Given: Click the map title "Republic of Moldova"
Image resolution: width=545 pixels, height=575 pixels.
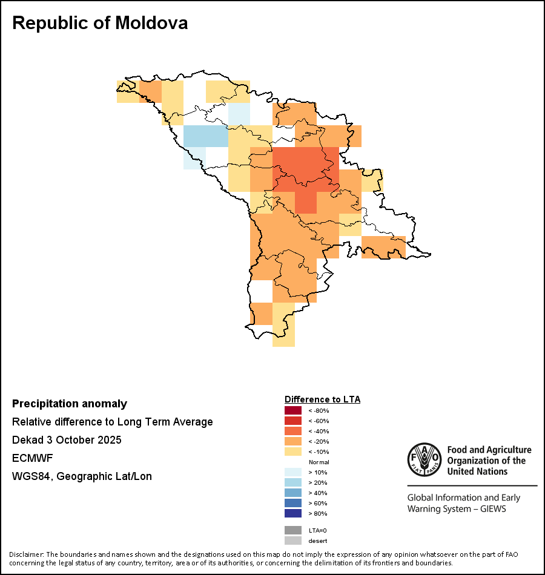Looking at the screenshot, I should (100, 23).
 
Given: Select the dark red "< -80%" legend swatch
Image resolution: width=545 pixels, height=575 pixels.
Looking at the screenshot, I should (292, 410).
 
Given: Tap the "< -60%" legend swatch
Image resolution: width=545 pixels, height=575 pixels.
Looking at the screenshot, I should (292, 421).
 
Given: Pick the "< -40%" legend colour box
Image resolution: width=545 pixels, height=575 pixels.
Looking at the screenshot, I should (292, 431).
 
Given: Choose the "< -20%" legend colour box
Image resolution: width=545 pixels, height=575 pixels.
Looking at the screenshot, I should (292, 441).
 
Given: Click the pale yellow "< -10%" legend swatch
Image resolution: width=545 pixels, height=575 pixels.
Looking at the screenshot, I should (292, 452).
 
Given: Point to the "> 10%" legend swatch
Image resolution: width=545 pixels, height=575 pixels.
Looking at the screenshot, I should (292, 472).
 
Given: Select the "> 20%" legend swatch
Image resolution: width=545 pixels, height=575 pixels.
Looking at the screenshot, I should (292, 482).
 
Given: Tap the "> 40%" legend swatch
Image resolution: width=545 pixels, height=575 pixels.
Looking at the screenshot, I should (292, 493).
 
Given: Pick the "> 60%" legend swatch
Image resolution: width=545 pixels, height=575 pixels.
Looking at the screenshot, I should (292, 503).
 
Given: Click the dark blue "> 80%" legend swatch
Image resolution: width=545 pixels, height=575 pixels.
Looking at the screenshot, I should (292, 513).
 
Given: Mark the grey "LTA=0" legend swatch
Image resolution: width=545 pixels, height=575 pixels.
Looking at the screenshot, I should (292, 530).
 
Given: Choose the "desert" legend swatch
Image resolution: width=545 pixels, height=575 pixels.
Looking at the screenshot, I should (292, 540).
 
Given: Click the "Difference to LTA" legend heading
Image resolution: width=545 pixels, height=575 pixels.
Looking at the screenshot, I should (322, 399).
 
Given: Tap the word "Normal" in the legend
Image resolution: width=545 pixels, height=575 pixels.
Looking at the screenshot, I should (319, 462).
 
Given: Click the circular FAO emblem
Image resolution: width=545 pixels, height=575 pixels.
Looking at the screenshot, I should (424, 460).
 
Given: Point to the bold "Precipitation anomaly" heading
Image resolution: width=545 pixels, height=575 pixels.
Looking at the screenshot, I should (70, 404).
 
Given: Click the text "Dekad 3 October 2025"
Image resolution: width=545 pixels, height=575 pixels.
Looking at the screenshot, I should (67, 440).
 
